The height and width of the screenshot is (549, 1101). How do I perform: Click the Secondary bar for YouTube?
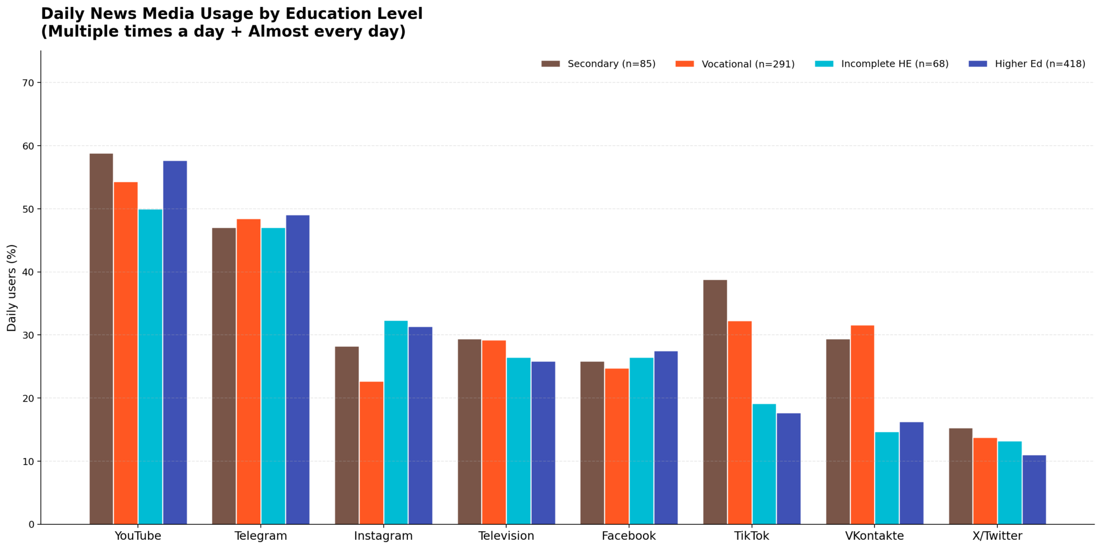pyautogui.click(x=101, y=339)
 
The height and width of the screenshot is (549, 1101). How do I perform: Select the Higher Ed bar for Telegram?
pyautogui.click(x=297, y=369)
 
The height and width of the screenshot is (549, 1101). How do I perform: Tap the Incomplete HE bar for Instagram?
pyautogui.click(x=396, y=422)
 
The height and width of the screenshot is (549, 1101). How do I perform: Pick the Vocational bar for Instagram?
pyautogui.click(x=371, y=453)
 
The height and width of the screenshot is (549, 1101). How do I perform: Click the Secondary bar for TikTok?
pyautogui.click(x=715, y=402)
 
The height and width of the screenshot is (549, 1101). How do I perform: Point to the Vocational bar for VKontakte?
pyautogui.click(x=862, y=425)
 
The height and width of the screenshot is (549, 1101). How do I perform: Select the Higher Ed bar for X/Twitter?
pyautogui.click(x=1034, y=489)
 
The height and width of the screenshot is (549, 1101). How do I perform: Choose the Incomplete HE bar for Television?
pyautogui.click(x=519, y=441)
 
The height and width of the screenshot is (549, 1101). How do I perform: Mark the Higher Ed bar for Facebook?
pyautogui.click(x=666, y=438)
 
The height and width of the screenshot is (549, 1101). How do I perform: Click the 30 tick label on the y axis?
pyautogui.click(x=28, y=336)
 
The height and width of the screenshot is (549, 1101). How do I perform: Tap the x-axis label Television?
pyautogui.click(x=506, y=536)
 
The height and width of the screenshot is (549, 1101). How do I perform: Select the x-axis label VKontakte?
pyautogui.click(x=875, y=536)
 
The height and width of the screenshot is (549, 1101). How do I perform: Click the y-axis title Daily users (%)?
pyautogui.click(x=12, y=288)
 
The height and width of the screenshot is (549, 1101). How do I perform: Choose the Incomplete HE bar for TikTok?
pyautogui.click(x=764, y=464)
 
